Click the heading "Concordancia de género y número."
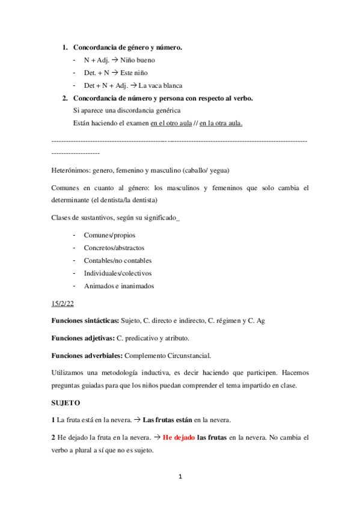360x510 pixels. tap(127, 47)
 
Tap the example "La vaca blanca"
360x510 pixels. tap(160, 85)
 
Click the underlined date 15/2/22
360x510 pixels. tap(63, 305)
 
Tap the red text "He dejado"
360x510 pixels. tap(178, 437)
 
